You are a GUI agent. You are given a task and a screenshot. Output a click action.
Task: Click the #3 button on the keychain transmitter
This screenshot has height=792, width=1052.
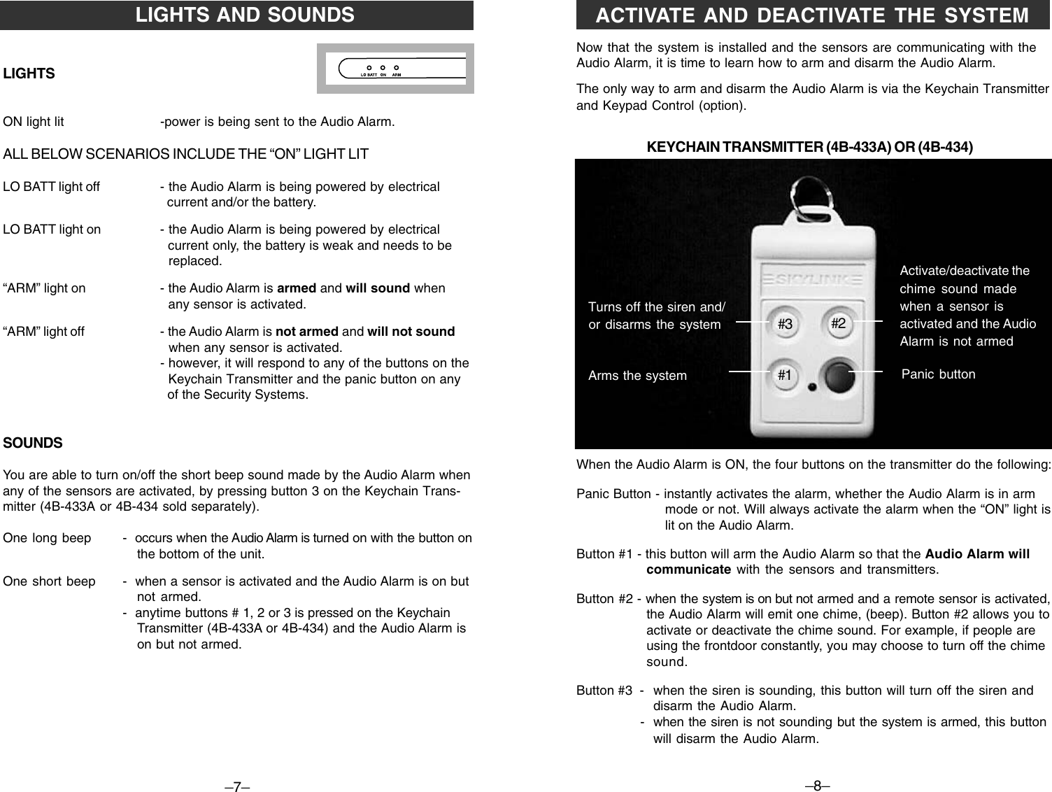(x=785, y=325)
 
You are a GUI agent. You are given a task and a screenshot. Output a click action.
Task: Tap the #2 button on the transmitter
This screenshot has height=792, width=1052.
(x=838, y=323)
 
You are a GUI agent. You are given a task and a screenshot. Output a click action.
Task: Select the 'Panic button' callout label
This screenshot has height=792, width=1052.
(x=938, y=374)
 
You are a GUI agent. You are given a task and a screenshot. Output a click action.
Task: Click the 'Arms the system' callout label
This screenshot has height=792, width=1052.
(x=637, y=376)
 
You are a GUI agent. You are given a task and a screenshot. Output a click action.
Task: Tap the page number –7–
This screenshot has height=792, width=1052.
(x=237, y=787)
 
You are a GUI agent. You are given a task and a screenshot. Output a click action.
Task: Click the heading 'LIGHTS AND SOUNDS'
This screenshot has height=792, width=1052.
(x=245, y=15)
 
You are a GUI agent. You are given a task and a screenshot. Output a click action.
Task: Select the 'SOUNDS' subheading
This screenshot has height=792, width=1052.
(x=33, y=443)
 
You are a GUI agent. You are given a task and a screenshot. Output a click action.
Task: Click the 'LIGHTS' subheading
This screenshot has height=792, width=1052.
(x=29, y=73)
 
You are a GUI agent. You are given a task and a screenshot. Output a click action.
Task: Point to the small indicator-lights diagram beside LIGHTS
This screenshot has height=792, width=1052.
(x=395, y=69)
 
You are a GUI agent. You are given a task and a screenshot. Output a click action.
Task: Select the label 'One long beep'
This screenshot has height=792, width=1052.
(x=47, y=538)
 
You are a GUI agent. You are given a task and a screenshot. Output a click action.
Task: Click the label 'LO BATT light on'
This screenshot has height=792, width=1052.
(x=52, y=229)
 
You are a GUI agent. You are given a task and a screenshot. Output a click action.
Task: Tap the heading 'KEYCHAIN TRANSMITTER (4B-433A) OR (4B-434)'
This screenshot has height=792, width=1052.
(x=810, y=148)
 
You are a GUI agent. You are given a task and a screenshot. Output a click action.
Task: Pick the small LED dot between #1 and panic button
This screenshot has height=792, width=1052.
(x=811, y=387)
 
